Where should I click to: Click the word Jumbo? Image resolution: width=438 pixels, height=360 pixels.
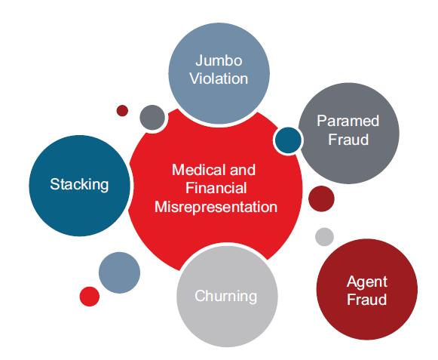219,61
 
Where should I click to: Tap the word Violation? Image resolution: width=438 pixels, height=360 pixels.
219,78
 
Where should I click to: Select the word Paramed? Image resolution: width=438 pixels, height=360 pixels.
348,121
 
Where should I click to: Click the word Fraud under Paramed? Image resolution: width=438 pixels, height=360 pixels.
348,140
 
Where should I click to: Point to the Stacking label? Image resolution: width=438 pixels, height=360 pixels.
79,185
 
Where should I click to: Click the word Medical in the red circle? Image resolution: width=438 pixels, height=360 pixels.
198,170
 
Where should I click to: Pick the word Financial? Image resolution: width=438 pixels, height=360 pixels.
216,188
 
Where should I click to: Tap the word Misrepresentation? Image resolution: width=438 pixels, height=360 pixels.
216,207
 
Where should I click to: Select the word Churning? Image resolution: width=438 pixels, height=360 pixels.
225,296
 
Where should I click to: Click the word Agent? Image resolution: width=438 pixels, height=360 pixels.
367,282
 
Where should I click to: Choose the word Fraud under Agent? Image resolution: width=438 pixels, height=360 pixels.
367,300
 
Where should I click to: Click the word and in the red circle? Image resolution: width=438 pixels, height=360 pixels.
243,170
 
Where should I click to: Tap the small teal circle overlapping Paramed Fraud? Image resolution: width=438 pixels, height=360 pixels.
288,140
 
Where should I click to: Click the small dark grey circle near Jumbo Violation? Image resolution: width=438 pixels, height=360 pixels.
152,118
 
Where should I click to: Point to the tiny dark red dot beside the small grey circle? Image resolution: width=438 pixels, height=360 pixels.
122,111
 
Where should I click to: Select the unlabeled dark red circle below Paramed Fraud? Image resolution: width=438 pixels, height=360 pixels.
321,198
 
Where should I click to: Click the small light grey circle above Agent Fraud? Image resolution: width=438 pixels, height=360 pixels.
324,237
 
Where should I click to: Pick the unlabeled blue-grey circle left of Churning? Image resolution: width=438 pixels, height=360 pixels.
119,272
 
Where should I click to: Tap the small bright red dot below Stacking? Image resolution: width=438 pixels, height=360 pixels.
90,297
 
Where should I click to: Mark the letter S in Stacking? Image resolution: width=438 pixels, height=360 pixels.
54,184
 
